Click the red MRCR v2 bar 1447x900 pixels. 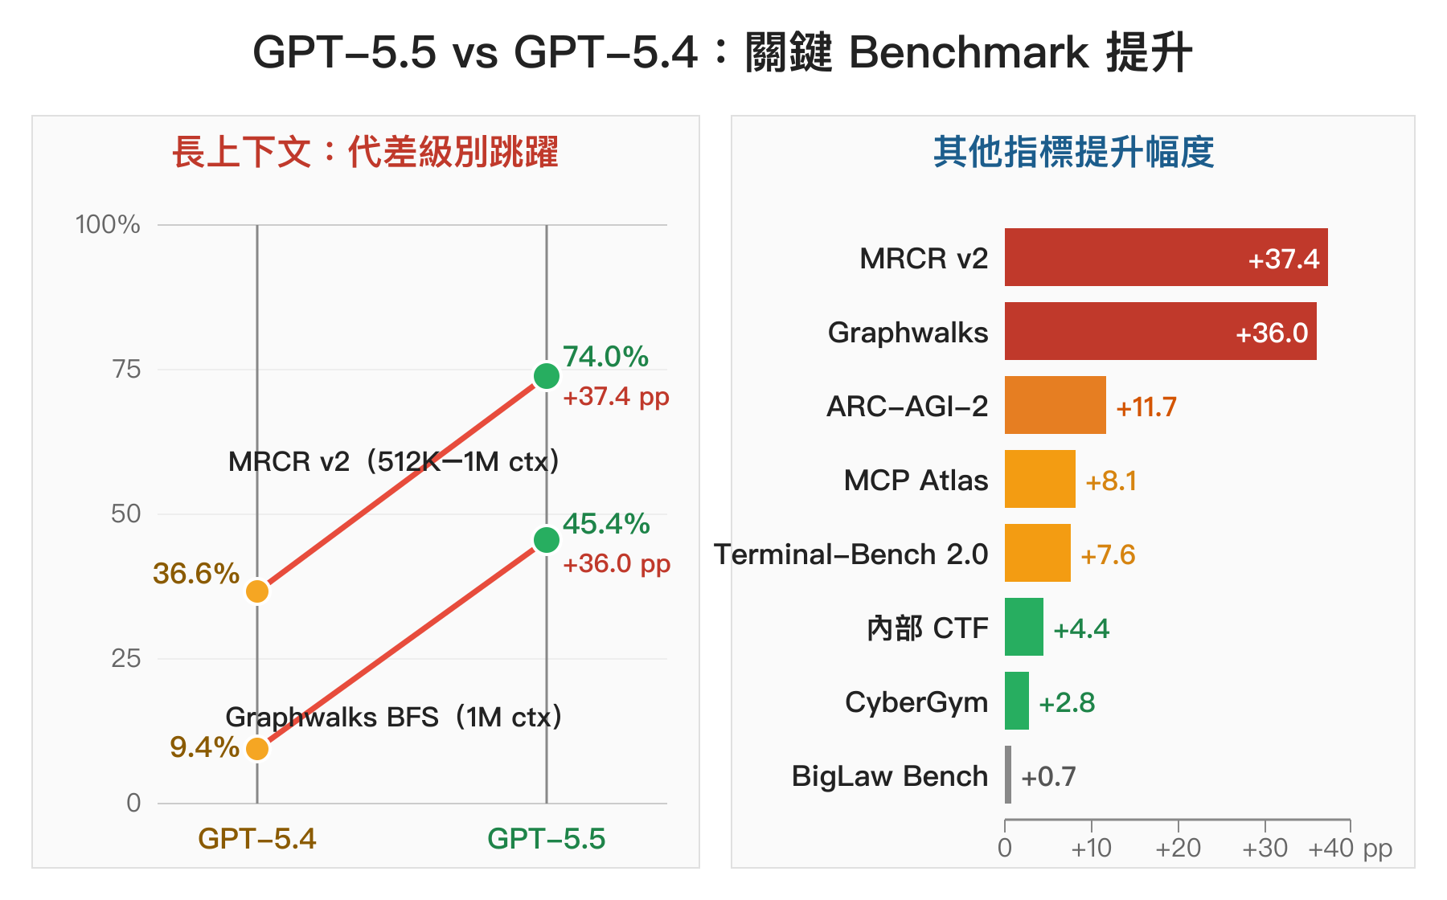(x=1166, y=257)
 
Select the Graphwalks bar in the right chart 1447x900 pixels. (x=1160, y=331)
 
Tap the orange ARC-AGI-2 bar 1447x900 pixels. (x=1055, y=405)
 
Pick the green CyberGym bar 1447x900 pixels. (x=1017, y=701)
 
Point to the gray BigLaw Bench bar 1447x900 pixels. (x=1008, y=775)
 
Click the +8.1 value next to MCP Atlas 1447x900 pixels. (x=1111, y=481)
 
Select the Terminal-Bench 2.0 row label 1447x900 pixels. (x=851, y=554)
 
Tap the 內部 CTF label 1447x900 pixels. (x=927, y=628)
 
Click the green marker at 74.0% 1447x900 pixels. (x=547, y=375)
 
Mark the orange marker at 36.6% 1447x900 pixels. (x=257, y=591)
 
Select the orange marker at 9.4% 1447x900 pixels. (x=257, y=749)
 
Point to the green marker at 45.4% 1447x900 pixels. (x=547, y=540)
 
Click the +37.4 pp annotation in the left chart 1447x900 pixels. (x=616, y=396)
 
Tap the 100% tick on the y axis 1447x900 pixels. (x=108, y=224)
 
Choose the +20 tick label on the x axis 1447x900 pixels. (x=1178, y=848)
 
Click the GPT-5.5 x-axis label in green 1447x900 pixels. (x=547, y=839)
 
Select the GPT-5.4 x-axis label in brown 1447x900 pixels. (x=257, y=839)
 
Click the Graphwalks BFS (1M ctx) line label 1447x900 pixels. (x=393, y=717)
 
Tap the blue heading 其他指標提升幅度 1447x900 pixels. (x=1073, y=152)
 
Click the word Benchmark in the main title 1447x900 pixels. (x=969, y=53)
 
